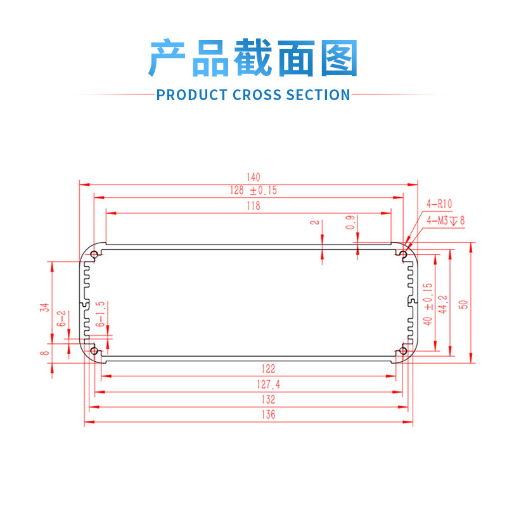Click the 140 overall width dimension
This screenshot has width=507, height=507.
pos(253,177)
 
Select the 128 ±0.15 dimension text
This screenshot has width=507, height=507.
pos(253,189)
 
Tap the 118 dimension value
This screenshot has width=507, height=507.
pos(253,206)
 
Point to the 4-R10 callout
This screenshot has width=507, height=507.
pos(439,204)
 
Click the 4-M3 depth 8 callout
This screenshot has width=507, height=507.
pos(446,221)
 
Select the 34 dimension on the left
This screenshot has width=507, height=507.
pos(44,307)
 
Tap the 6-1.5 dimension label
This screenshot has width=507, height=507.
pos(100,314)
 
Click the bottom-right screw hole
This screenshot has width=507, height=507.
pos(403,352)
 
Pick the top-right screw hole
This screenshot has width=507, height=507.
pos(403,255)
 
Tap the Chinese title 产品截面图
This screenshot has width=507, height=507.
pos(253,58)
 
